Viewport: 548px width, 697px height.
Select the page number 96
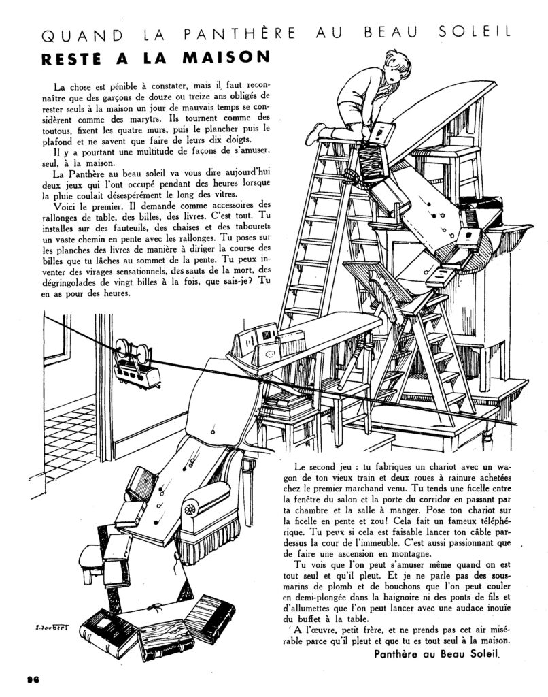click(x=33, y=679)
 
